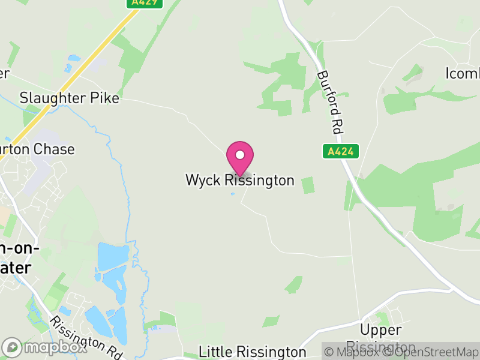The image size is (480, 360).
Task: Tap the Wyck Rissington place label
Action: click(239, 180)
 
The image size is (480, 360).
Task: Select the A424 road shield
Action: click(340, 152)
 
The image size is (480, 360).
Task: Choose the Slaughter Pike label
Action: click(70, 97)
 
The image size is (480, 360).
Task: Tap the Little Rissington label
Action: click(253, 352)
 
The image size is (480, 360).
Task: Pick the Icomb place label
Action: click(463, 73)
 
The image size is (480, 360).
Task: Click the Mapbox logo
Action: click(44, 347)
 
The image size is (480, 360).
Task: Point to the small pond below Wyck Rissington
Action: click(233, 194)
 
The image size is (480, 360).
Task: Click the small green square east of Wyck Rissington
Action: click(308, 185)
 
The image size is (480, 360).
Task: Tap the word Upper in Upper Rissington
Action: click(380, 330)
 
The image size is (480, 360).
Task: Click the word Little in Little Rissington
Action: click(217, 352)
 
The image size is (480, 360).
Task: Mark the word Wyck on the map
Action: click(202, 180)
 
